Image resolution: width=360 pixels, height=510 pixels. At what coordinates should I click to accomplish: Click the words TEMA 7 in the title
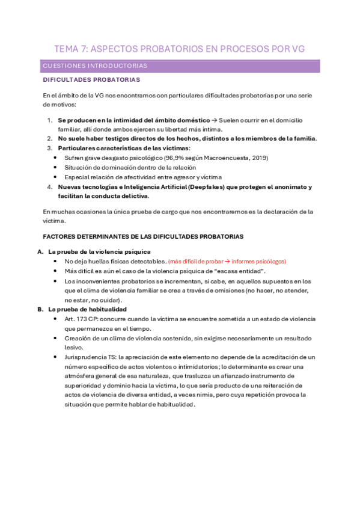click(72, 49)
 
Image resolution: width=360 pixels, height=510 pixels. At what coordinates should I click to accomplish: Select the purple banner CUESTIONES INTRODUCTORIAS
click(96, 66)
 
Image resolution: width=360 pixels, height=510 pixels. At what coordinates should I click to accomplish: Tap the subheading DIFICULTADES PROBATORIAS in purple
click(91, 79)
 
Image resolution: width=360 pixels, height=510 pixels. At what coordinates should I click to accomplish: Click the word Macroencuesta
click(226, 158)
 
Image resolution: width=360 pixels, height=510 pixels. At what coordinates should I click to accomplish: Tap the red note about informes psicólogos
click(227, 261)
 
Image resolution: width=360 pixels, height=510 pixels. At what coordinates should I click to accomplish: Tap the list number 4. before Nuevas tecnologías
click(50, 187)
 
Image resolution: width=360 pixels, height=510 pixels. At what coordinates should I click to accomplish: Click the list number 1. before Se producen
click(50, 120)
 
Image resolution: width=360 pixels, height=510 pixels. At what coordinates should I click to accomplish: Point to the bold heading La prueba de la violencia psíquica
click(99, 251)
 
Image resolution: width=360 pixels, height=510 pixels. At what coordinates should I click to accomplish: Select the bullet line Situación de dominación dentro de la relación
click(131, 167)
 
